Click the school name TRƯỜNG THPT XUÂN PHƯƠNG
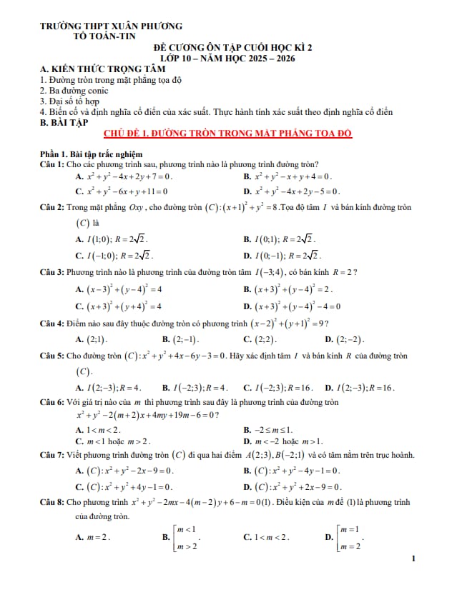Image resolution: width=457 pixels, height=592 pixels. click(111, 26)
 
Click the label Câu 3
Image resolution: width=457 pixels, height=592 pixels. click(53, 272)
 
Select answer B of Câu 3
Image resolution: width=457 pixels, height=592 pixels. click(289, 289)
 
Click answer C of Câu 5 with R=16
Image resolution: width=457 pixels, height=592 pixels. click(279, 388)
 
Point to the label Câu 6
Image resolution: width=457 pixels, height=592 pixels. click(53, 403)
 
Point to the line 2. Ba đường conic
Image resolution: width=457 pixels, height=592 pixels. click(74, 91)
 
